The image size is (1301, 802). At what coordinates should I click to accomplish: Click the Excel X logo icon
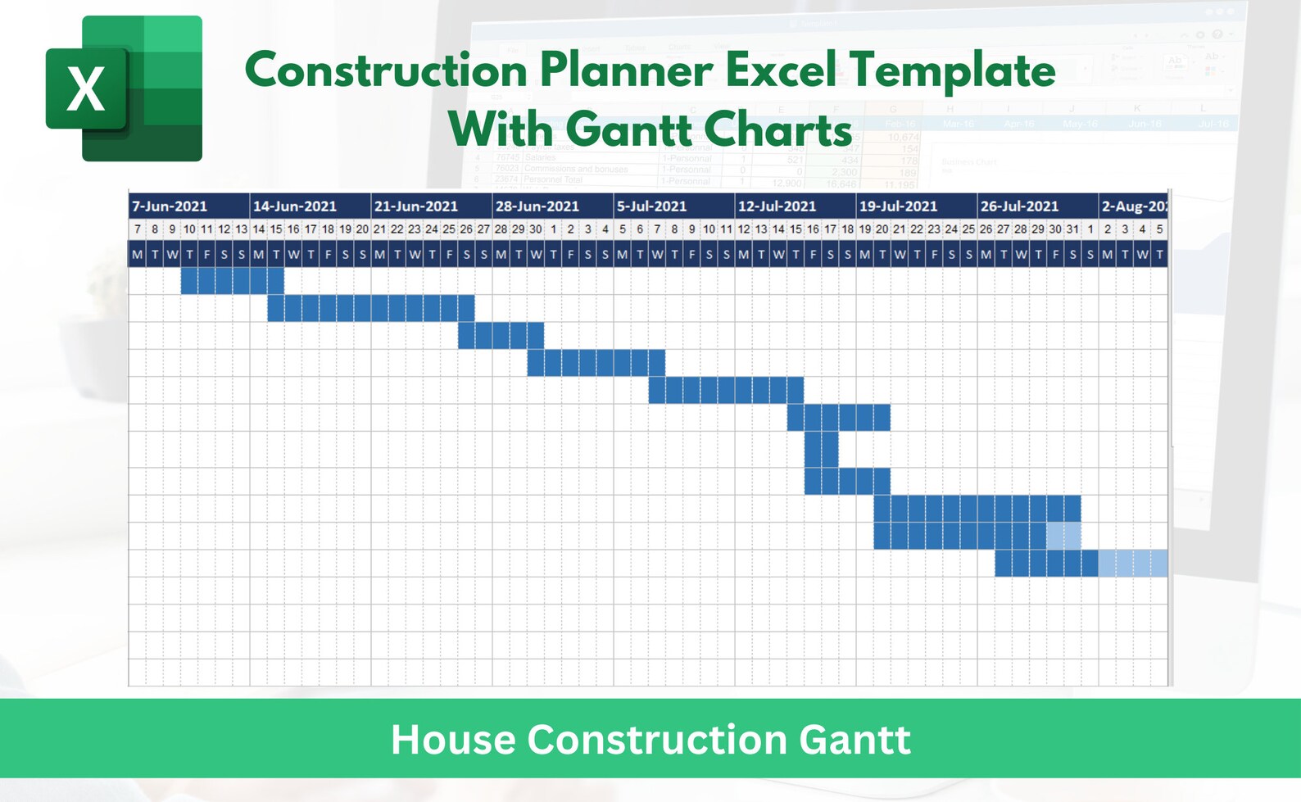click(123, 88)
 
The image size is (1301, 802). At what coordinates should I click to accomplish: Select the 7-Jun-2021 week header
click(170, 206)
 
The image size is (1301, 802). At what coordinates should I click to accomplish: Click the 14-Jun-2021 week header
click(295, 206)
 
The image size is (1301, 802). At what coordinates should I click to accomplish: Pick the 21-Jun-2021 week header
click(416, 206)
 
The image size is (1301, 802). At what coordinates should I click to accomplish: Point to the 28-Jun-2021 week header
click(537, 206)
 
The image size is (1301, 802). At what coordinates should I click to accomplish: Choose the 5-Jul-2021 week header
click(652, 206)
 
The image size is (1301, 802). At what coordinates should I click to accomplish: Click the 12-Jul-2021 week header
click(777, 206)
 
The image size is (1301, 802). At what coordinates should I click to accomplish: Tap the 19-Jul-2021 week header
click(898, 206)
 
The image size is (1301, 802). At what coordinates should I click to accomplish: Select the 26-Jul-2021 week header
click(1019, 206)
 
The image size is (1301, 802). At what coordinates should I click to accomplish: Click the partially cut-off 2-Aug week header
click(1134, 206)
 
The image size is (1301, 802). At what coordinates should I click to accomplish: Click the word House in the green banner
click(453, 740)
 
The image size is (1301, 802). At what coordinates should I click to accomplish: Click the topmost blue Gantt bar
click(232, 281)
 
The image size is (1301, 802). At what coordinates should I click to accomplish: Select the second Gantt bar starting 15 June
click(370, 308)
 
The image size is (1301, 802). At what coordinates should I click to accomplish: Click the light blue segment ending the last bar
click(1133, 564)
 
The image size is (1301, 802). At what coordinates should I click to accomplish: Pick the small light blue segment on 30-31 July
click(1063, 536)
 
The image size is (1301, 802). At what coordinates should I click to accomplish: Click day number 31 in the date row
click(1072, 229)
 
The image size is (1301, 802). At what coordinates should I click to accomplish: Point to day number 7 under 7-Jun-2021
click(138, 229)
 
